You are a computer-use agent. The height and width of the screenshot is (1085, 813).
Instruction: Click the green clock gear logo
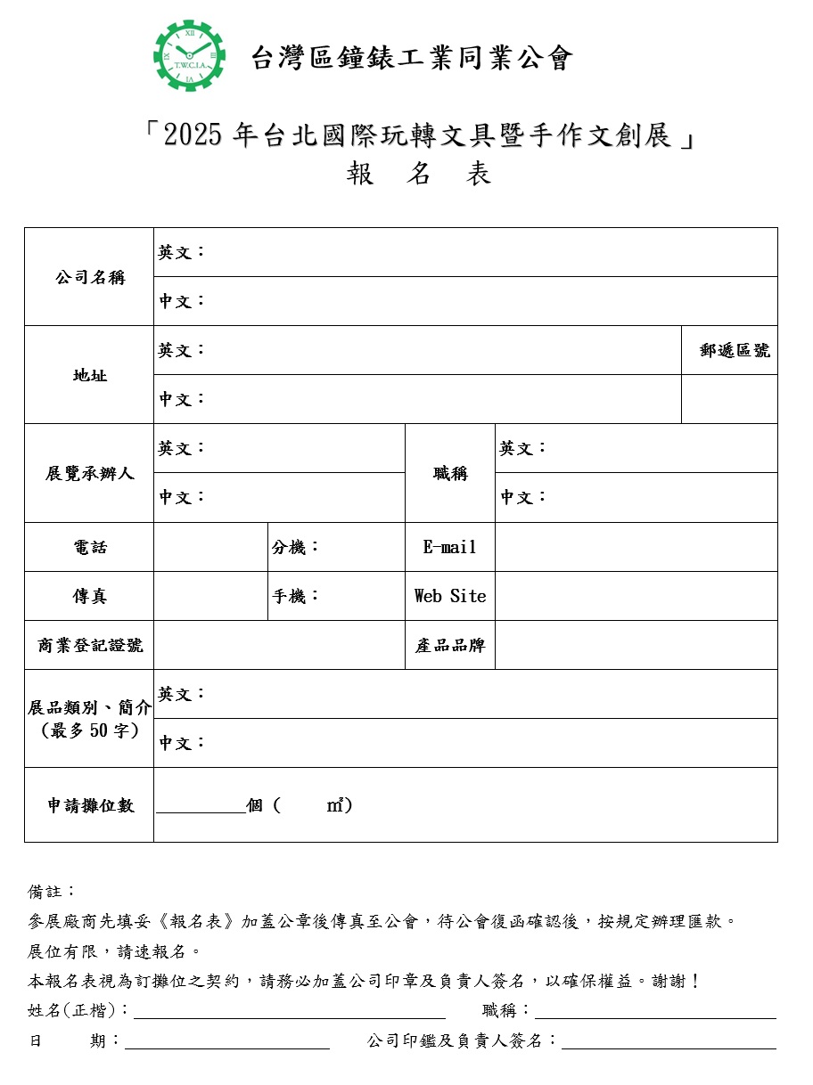(x=189, y=55)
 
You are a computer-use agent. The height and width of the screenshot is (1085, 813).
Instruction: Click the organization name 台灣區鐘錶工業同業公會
(x=411, y=58)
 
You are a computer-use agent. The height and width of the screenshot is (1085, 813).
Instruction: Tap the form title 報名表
(x=418, y=174)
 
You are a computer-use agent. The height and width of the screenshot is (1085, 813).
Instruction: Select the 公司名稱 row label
(x=89, y=277)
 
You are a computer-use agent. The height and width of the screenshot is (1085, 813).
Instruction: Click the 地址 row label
(x=89, y=375)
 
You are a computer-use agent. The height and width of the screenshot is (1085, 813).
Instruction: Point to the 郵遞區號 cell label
(x=735, y=350)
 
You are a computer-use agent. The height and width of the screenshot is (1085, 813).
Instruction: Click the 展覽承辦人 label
(x=89, y=473)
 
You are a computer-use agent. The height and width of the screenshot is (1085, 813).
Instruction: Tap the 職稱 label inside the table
(x=450, y=473)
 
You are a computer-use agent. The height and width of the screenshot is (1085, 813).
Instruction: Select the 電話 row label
(x=89, y=547)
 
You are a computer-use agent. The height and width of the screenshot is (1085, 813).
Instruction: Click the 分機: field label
(x=295, y=547)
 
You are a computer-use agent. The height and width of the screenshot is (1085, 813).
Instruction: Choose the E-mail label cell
(x=449, y=547)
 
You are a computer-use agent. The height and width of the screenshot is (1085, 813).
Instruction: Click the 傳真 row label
(x=89, y=596)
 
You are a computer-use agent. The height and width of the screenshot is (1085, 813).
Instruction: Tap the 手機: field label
(x=295, y=596)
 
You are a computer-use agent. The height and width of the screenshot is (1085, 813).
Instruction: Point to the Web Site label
(x=450, y=596)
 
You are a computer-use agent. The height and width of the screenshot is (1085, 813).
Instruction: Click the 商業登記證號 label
(x=89, y=645)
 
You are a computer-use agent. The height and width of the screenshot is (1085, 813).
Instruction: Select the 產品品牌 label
(x=450, y=645)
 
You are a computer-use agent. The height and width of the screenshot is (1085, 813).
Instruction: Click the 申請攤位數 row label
(x=90, y=805)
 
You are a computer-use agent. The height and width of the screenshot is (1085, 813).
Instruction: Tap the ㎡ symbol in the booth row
(x=335, y=805)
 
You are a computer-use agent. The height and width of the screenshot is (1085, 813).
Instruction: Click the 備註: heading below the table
(x=52, y=891)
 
